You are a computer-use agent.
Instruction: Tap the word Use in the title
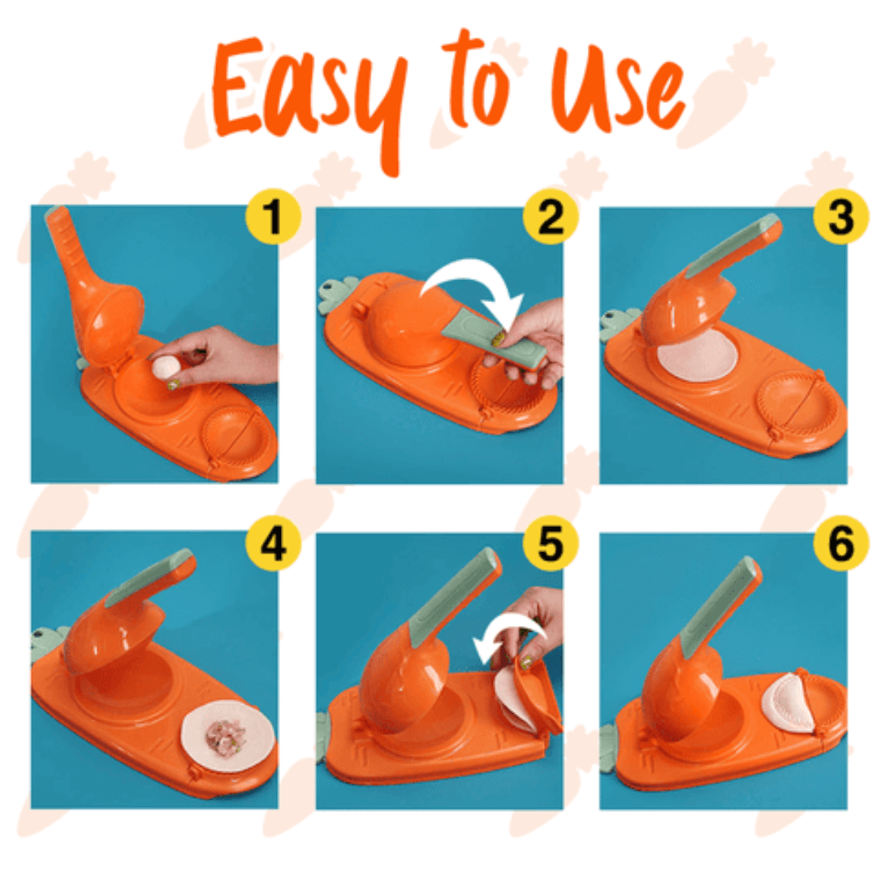[x=618, y=89]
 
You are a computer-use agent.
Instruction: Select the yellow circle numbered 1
[x=273, y=217]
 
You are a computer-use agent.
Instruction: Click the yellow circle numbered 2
[x=551, y=217]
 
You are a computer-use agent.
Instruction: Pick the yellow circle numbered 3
[x=840, y=217]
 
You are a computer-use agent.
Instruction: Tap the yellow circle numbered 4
[x=273, y=543]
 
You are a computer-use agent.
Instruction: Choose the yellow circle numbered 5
[x=551, y=543]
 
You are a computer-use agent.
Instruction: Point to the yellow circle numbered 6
[x=840, y=543]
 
